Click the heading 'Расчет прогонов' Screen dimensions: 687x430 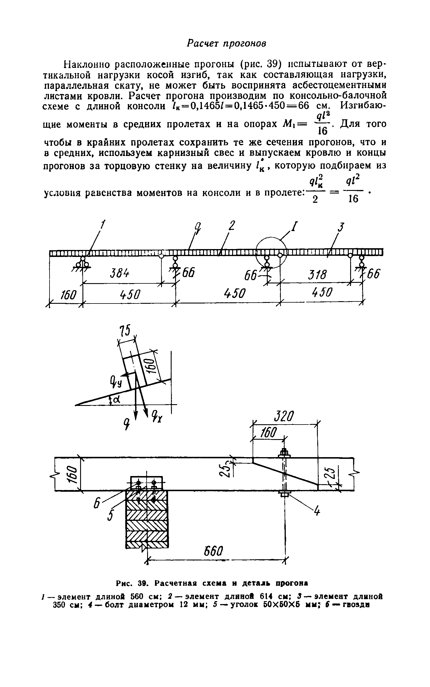pyautogui.click(x=226, y=43)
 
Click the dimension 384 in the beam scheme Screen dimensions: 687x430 pyautogui.click(x=120, y=274)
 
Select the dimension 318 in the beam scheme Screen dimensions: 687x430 pyautogui.click(x=318, y=274)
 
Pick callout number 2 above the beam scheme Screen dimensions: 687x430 pyautogui.click(x=231, y=226)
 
